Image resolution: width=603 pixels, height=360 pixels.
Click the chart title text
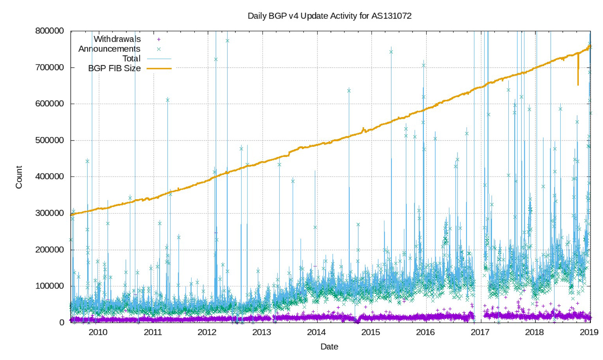329,16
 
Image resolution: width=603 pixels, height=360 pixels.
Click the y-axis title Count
19,177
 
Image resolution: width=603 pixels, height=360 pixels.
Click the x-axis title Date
329,347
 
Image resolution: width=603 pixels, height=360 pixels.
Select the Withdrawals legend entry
117,39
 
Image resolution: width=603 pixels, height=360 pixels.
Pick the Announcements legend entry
109,49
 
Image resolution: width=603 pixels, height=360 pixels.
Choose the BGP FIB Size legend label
114,68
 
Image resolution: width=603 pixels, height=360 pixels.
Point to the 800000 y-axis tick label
49,31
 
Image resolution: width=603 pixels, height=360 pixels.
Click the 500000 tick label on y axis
49,140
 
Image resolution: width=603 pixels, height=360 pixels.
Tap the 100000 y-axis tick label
49,286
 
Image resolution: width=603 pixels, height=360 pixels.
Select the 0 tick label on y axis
61,322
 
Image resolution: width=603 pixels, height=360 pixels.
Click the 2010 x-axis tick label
98,332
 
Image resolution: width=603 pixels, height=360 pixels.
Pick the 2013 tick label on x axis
262,332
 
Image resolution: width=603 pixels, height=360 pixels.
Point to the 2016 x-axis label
425,332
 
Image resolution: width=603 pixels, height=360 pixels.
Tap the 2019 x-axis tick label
589,332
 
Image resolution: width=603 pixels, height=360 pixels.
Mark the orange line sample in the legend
159,68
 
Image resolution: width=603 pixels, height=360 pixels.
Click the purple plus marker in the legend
159,39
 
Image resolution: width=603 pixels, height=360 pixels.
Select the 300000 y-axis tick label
49,213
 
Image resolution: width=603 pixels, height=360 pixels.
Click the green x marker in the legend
159,49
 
